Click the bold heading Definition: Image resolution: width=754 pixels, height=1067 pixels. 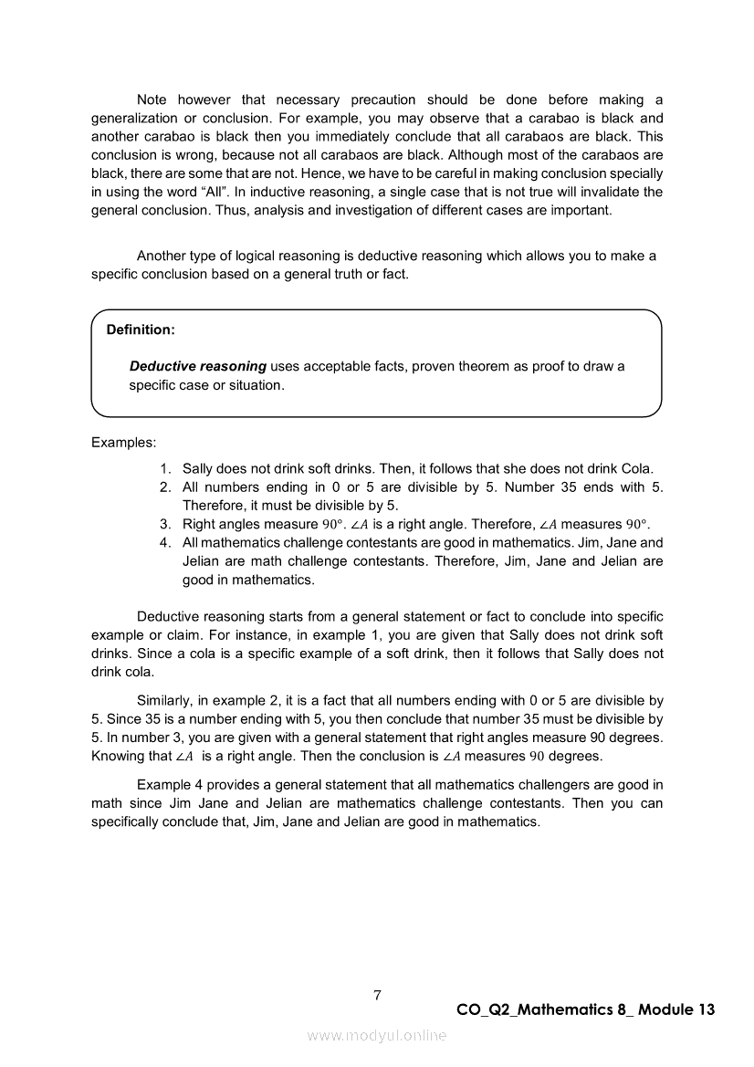pyautogui.click(x=141, y=329)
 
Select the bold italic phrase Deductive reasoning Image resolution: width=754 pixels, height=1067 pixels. pyautogui.click(x=198, y=366)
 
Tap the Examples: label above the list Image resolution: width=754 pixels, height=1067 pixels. pyautogui.click(x=124, y=443)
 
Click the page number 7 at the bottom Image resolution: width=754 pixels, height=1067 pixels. pyautogui.click(x=377, y=995)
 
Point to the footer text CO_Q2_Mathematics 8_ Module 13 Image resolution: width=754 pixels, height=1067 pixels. pyautogui.click(x=585, y=1009)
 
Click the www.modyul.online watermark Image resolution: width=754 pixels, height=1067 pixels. pyautogui.click(x=377, y=1035)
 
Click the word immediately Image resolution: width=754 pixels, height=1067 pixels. pyautogui.click(x=365, y=137)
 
